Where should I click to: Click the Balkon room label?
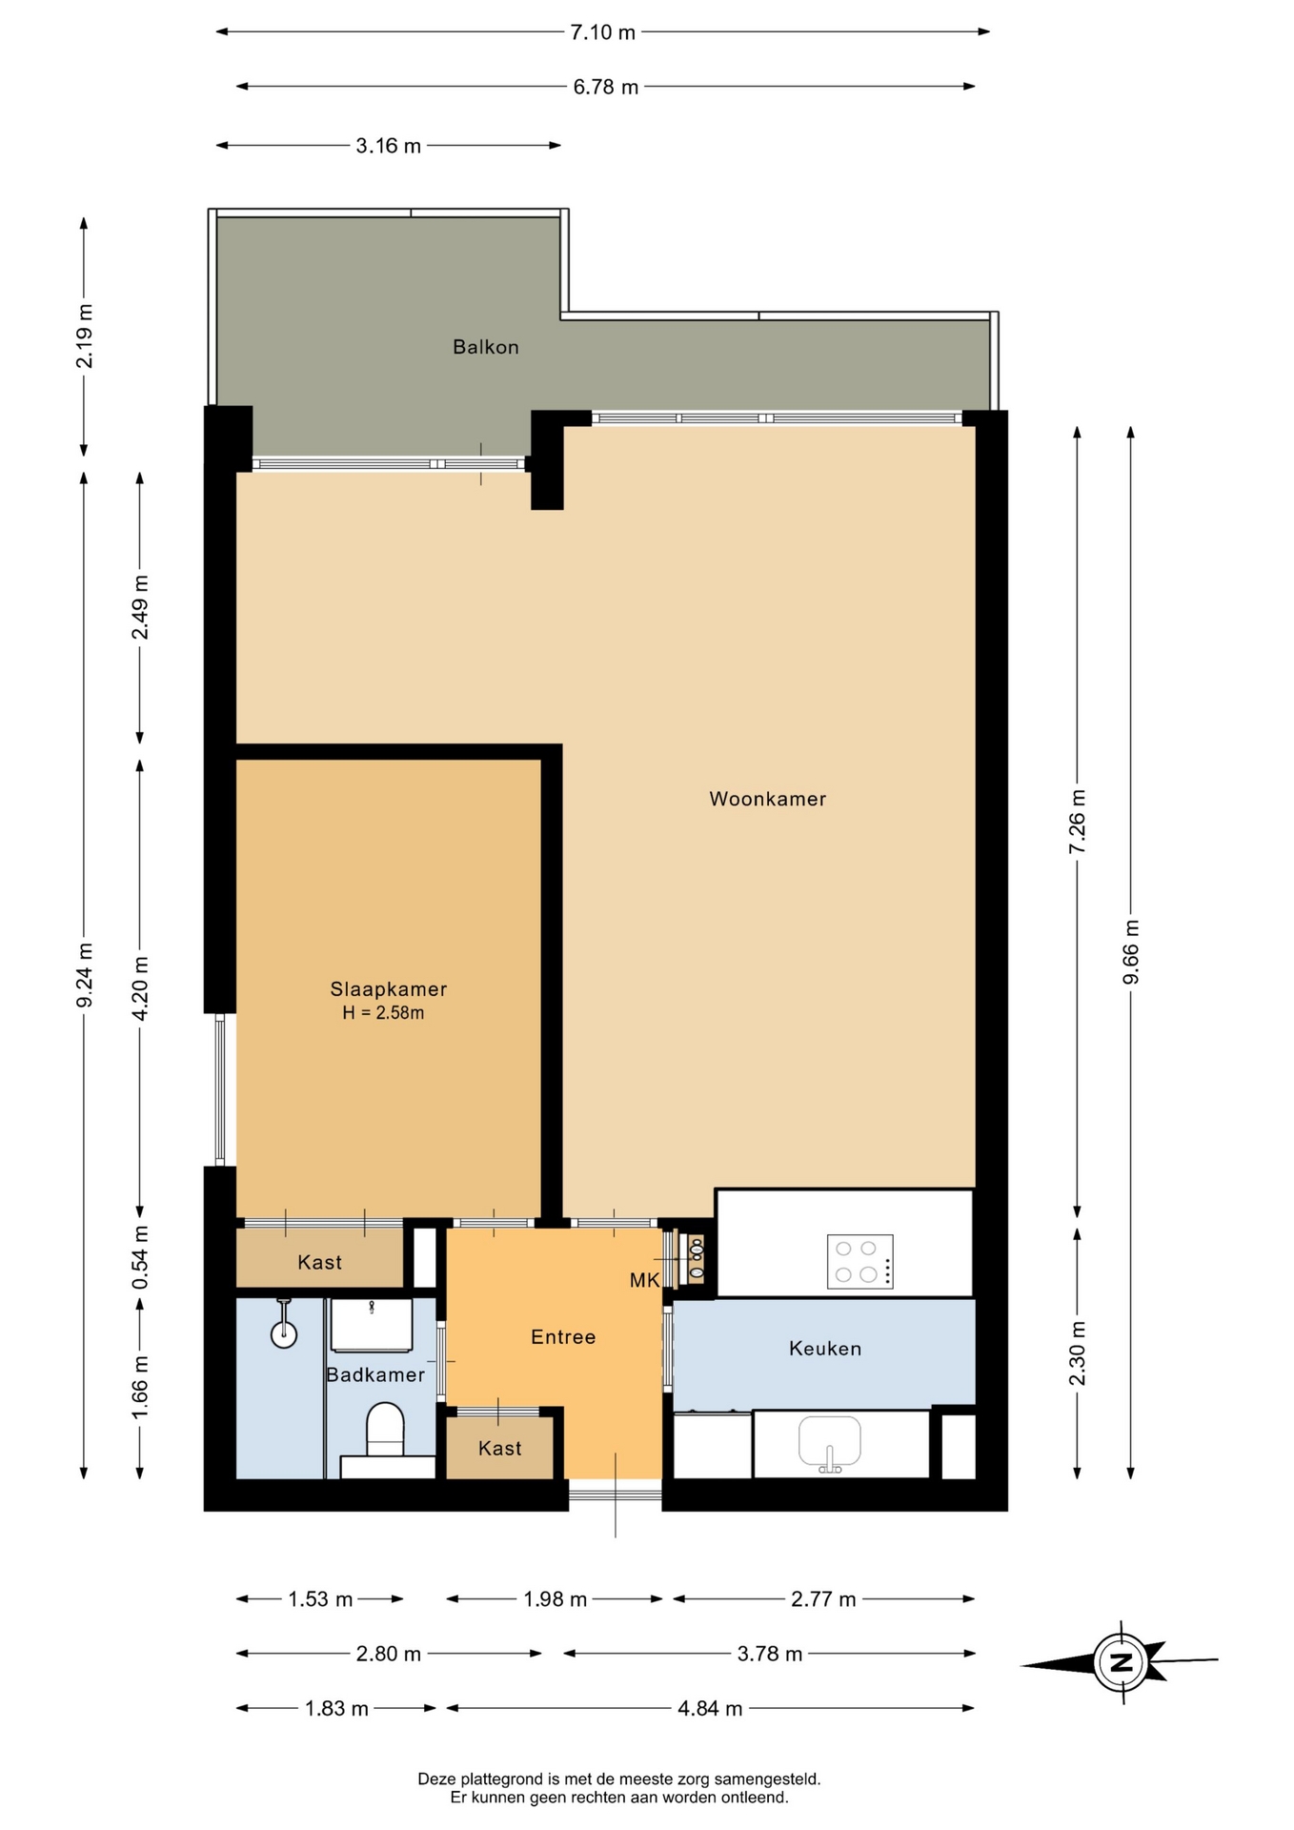(486, 347)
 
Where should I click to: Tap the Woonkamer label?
(767, 799)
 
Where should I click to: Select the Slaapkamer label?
(388, 989)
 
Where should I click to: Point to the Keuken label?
(825, 1348)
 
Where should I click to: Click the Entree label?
(563, 1337)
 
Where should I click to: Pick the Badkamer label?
(375, 1374)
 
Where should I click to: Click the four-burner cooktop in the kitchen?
(860, 1261)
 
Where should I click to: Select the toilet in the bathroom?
(385, 1430)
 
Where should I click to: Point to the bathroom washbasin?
(372, 1325)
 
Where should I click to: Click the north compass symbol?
(1121, 1663)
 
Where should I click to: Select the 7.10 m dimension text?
(602, 32)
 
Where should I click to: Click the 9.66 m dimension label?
(1131, 952)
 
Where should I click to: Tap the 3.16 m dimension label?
(388, 146)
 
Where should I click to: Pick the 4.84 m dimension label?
(710, 1708)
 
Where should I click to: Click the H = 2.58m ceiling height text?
(383, 1013)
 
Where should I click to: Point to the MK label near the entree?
(644, 1281)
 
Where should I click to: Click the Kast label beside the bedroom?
(319, 1262)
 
